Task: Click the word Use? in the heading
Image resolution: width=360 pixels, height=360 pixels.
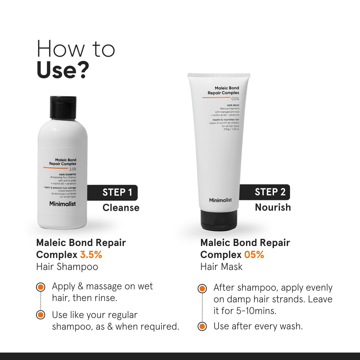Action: [x=63, y=70]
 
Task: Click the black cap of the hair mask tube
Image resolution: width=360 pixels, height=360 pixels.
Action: [x=219, y=220]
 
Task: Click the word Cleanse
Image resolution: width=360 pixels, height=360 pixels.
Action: [x=121, y=208]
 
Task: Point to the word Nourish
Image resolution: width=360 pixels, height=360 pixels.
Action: [x=273, y=207]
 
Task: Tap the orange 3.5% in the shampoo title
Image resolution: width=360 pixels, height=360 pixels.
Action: [x=91, y=255]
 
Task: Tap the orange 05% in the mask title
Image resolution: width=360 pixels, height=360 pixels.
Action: [x=254, y=255]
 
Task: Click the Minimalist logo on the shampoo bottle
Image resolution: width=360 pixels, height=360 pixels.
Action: [x=63, y=204]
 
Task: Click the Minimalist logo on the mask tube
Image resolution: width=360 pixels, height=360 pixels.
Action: [x=220, y=200]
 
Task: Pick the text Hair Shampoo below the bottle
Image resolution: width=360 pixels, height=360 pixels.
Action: [x=67, y=267]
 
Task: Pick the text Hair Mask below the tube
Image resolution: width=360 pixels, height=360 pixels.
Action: [x=221, y=267]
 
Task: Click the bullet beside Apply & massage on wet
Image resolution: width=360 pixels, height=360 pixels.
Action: [x=41, y=287]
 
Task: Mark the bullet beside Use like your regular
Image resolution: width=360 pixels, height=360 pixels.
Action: [x=41, y=315]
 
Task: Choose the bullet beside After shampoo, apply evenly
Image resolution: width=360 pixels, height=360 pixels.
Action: [x=202, y=288]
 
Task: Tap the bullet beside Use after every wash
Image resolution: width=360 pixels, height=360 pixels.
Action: [x=202, y=326]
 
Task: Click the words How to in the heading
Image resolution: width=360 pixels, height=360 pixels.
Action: [x=76, y=49]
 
